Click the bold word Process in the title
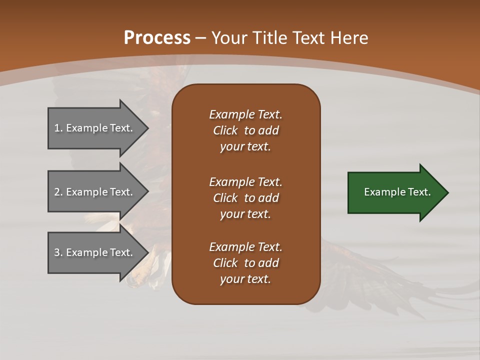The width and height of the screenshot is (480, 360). (157, 38)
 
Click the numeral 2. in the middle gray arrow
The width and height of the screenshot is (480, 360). (58, 192)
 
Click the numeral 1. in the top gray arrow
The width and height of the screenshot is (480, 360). (58, 128)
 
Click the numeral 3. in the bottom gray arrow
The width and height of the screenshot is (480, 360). (58, 252)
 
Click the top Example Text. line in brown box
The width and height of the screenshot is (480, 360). (245, 114)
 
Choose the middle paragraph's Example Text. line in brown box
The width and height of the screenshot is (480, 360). (245, 181)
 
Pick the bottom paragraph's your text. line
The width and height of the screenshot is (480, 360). (245, 279)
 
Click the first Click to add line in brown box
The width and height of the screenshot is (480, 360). (245, 130)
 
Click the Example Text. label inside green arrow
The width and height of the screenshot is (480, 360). (397, 192)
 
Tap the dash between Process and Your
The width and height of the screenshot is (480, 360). (201, 38)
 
